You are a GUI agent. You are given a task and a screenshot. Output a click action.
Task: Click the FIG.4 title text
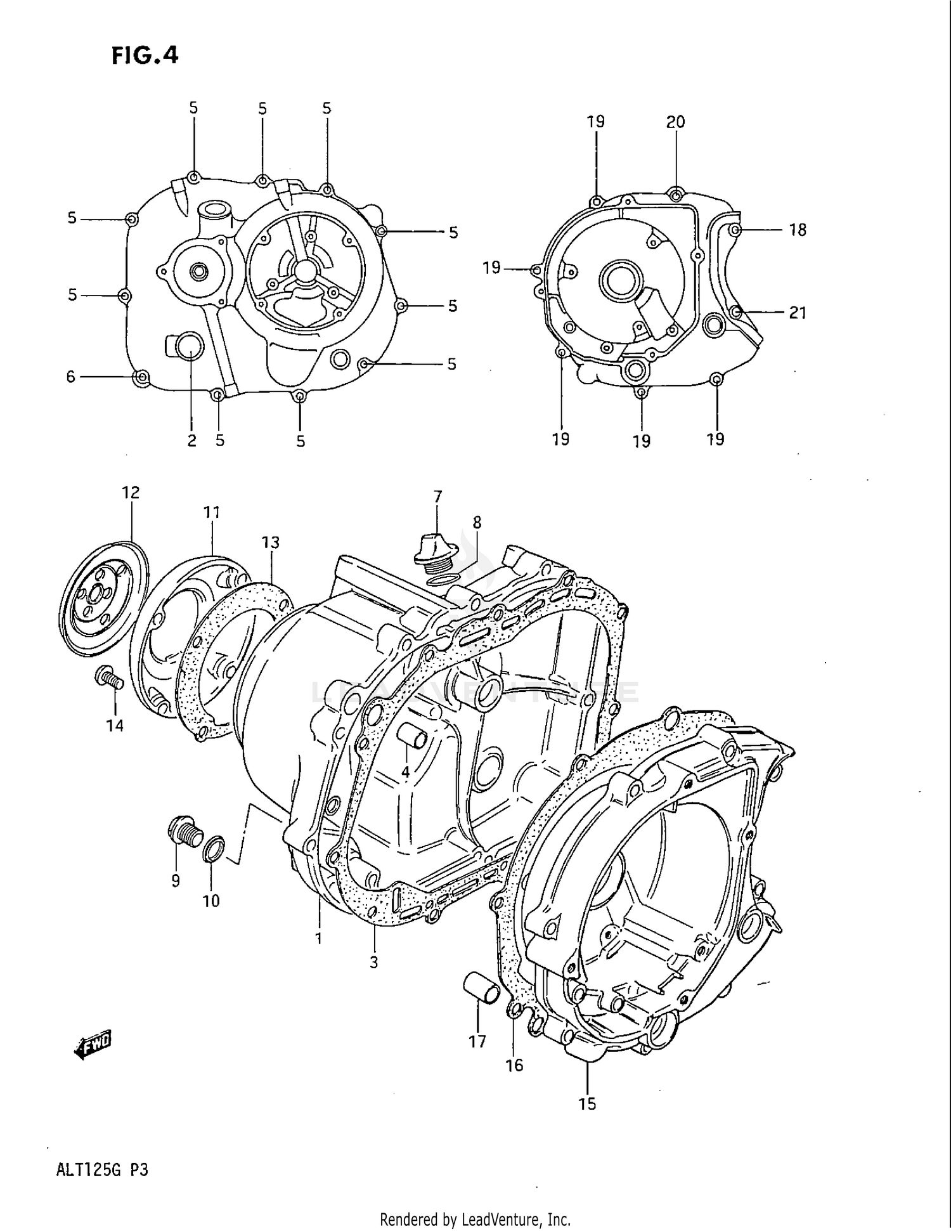click(x=145, y=56)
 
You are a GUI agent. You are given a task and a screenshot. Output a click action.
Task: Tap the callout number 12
click(x=131, y=492)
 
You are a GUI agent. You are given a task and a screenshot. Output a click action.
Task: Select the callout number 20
click(x=675, y=122)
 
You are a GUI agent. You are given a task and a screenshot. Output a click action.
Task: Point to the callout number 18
click(x=797, y=230)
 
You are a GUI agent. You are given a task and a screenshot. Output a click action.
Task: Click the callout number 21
click(x=797, y=312)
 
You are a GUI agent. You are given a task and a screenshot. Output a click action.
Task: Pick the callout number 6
click(x=71, y=377)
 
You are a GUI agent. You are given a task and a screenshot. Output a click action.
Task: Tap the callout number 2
click(x=192, y=440)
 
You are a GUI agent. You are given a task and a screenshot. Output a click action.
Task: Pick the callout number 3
click(x=373, y=962)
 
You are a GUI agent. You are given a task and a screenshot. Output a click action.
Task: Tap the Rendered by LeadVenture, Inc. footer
click(x=475, y=1219)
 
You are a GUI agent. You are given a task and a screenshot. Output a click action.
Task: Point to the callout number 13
click(x=271, y=542)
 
